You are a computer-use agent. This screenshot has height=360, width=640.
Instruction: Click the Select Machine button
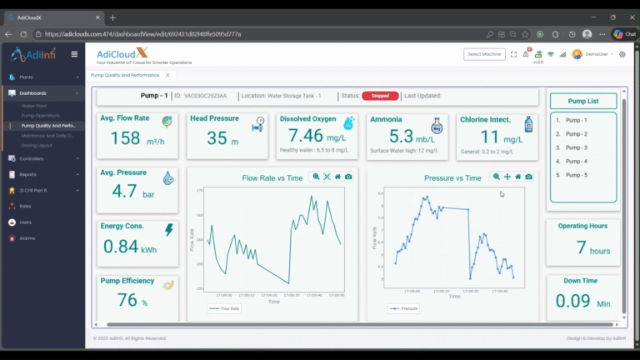(x=484, y=54)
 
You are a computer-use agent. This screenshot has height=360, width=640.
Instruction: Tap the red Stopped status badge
(x=380, y=96)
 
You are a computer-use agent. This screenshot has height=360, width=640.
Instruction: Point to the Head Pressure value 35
(x=217, y=138)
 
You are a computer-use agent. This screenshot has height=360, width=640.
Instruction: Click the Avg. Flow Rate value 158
(x=126, y=138)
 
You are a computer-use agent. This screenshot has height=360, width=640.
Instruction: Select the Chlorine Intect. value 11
(x=490, y=137)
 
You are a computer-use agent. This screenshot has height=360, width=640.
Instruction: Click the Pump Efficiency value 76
(x=127, y=300)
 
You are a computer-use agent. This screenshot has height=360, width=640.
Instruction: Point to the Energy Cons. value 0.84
(x=121, y=246)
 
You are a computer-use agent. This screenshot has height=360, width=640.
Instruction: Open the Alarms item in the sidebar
(x=27, y=238)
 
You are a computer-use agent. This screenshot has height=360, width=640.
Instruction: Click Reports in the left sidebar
(x=27, y=174)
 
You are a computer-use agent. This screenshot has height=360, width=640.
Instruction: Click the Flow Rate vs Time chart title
(x=272, y=177)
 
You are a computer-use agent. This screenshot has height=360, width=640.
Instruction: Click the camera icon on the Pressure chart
(x=528, y=177)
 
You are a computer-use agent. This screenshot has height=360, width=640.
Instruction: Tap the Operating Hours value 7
(x=582, y=247)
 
